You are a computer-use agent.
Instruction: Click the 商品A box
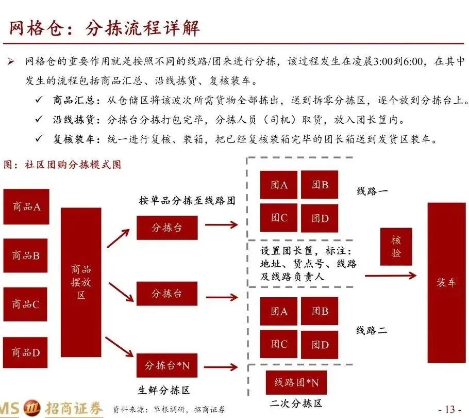coord(26,206)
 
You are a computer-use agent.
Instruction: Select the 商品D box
coord(25,352)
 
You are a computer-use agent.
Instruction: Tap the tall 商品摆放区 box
coord(81,282)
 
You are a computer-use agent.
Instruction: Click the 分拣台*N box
coord(167,365)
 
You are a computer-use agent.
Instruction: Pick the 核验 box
coord(396,247)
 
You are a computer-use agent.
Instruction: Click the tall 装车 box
coord(446,283)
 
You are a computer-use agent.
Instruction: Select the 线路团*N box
coord(296,382)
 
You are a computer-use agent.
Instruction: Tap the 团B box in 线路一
coord(320,185)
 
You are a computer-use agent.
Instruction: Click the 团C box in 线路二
coord(279,344)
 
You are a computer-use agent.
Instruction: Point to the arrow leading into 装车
coord(391,275)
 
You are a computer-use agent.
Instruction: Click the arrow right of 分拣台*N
coord(221,367)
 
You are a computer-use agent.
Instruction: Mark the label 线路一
coord(372,191)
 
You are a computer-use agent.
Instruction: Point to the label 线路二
coord(372,330)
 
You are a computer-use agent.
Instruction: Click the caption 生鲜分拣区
coord(163,390)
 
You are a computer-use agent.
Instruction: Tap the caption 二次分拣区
coord(295,404)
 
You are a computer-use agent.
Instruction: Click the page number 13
coord(450,409)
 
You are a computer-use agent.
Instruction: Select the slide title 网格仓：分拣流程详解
coord(105,28)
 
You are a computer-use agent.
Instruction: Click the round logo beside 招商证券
coord(32,408)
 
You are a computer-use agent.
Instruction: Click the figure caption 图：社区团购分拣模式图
coord(62,165)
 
